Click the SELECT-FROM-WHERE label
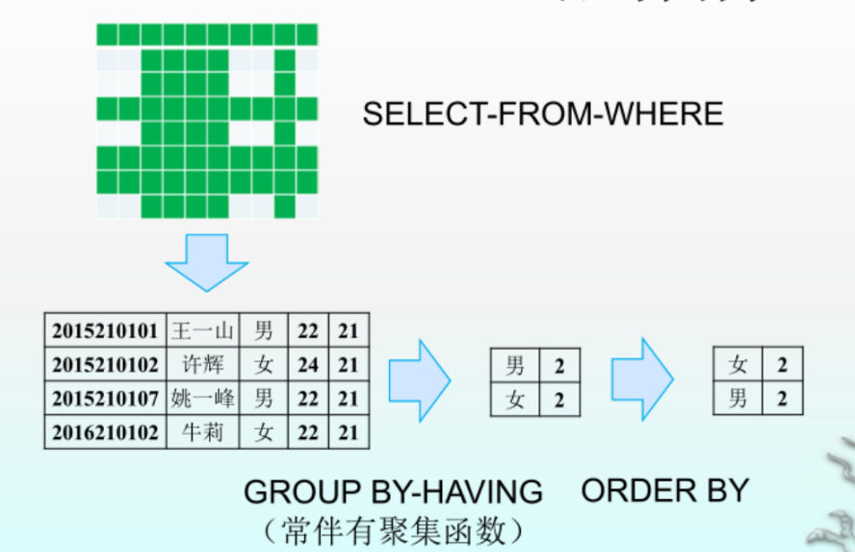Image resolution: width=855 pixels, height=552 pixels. (542, 115)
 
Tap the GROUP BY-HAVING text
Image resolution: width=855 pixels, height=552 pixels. (393, 492)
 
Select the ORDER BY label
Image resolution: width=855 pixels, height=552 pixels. (664, 490)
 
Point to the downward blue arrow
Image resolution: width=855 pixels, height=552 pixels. (206, 260)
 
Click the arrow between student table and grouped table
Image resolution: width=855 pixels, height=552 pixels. (419, 381)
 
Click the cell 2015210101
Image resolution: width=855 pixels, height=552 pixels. (105, 331)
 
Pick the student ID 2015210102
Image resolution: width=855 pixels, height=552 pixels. (105, 365)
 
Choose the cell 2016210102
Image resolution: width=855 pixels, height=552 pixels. (105, 433)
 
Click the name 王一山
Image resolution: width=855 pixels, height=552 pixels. (202, 331)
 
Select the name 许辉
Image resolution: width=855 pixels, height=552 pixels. (202, 365)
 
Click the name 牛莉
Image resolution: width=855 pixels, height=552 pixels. (202, 433)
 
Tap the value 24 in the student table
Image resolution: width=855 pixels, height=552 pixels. (308, 365)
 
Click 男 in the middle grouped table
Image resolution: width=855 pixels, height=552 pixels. (515, 365)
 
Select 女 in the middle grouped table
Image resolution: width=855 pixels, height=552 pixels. (515, 399)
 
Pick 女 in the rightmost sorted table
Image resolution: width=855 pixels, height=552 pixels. (738, 364)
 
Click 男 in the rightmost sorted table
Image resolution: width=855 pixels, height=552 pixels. (738, 398)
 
